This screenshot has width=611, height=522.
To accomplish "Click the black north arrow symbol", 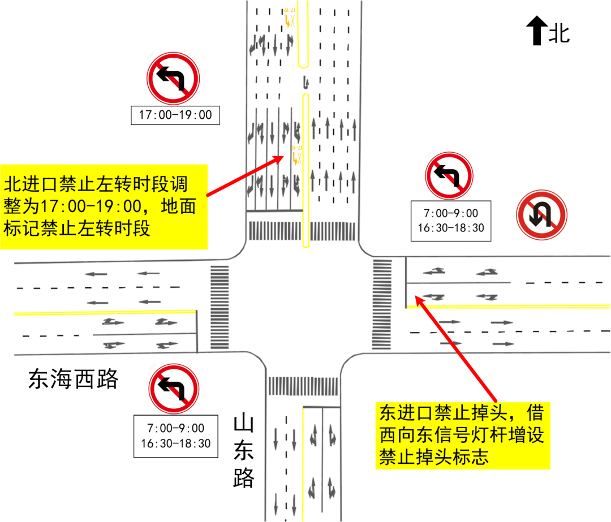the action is [536, 31].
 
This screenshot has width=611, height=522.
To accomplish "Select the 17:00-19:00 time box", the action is [175, 115].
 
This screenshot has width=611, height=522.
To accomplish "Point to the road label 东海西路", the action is [74, 379].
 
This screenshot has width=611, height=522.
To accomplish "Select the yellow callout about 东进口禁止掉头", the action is [463, 434].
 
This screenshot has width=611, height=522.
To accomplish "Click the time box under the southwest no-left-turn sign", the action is [175, 436].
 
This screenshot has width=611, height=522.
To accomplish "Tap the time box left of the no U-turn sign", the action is [451, 221].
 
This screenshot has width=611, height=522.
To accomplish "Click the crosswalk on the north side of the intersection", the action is [303, 230].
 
